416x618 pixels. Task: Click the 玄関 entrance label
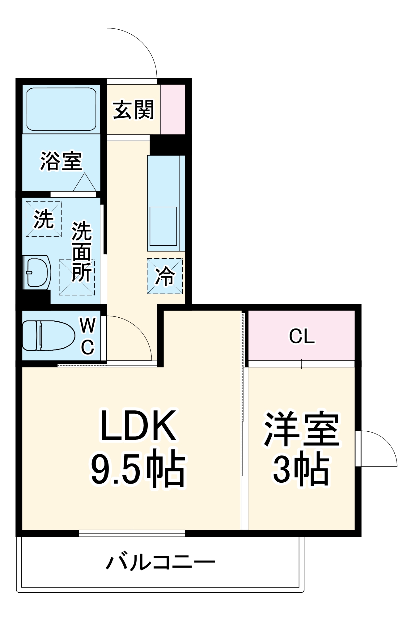click(x=133, y=110)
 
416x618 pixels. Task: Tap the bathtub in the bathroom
click(x=61, y=109)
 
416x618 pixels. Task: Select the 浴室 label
click(x=61, y=161)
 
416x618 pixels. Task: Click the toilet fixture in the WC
click(x=49, y=336)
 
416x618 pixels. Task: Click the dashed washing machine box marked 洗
click(x=44, y=219)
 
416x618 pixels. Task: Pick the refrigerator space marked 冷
click(x=165, y=276)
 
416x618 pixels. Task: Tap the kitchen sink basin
click(x=163, y=226)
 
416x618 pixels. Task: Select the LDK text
click(x=138, y=425)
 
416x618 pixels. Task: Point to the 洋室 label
click(x=302, y=429)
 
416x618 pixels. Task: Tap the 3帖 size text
click(x=302, y=470)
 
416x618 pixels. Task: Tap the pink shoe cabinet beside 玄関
click(x=172, y=109)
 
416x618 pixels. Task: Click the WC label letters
click(x=88, y=336)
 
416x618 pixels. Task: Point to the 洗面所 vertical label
click(x=82, y=252)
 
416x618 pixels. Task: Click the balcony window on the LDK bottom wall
click(x=132, y=533)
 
